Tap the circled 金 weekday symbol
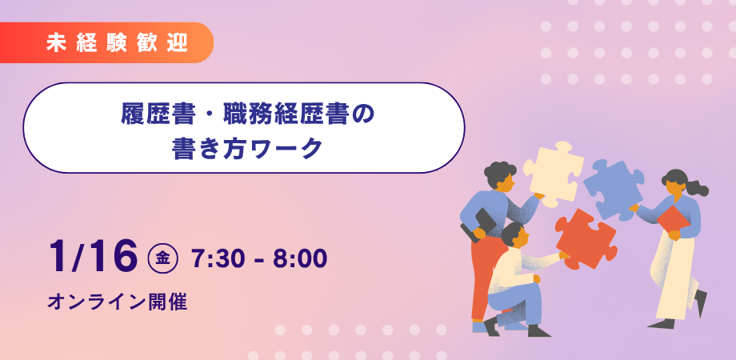(163, 258)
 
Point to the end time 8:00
(301, 258)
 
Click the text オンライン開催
(117, 302)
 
